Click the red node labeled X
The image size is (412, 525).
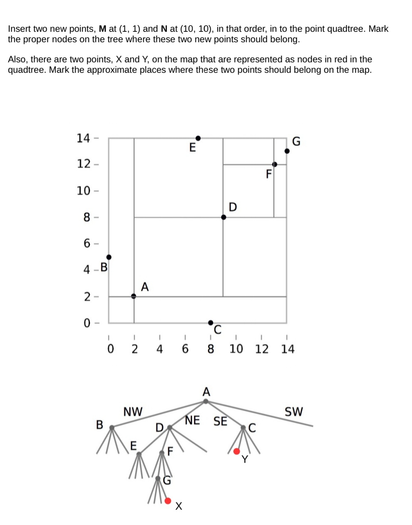coord(168,500)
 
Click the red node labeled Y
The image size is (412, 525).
coord(237,451)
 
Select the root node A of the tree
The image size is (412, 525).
coord(206,401)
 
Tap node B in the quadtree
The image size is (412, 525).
coord(112,427)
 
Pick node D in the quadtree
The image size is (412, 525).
coord(169,427)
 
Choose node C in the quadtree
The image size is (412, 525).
coord(243,427)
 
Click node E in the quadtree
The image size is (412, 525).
coord(139,453)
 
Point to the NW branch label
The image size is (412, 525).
coord(133,412)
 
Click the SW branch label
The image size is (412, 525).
coord(293,412)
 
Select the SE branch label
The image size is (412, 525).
coord(220,421)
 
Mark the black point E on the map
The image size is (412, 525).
coord(198,138)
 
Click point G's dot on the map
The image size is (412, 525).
coord(287,151)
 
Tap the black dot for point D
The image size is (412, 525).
coord(223,217)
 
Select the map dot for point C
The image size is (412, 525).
coord(211,322)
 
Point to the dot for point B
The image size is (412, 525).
coord(109,257)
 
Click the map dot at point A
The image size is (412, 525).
coord(134,296)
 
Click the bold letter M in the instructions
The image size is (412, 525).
coord(102,29)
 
